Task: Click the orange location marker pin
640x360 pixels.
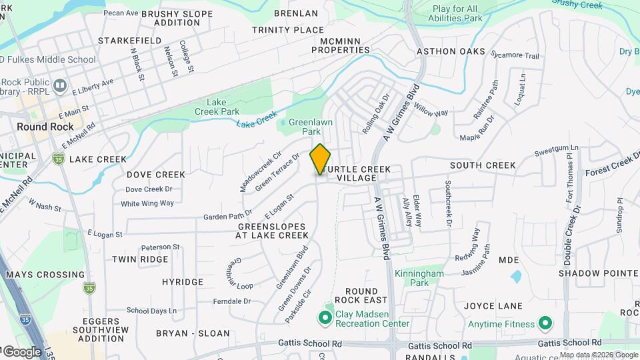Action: click(x=321, y=159)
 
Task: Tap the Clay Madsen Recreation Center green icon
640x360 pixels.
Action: click(x=326, y=317)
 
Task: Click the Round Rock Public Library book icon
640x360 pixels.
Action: click(x=60, y=85)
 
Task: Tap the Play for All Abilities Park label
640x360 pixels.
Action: click(x=457, y=13)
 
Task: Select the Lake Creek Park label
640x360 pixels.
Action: click(x=223, y=107)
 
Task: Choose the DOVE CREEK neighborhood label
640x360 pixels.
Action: click(x=156, y=175)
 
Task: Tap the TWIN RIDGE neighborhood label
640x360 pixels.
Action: click(x=140, y=259)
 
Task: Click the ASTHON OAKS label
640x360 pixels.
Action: click(x=451, y=51)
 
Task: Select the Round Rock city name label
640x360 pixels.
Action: click(x=45, y=127)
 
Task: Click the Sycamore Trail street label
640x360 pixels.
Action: click(x=514, y=56)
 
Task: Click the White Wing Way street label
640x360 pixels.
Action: click(x=147, y=203)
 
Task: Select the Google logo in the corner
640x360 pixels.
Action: click(x=23, y=351)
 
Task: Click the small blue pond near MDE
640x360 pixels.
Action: click(x=515, y=275)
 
